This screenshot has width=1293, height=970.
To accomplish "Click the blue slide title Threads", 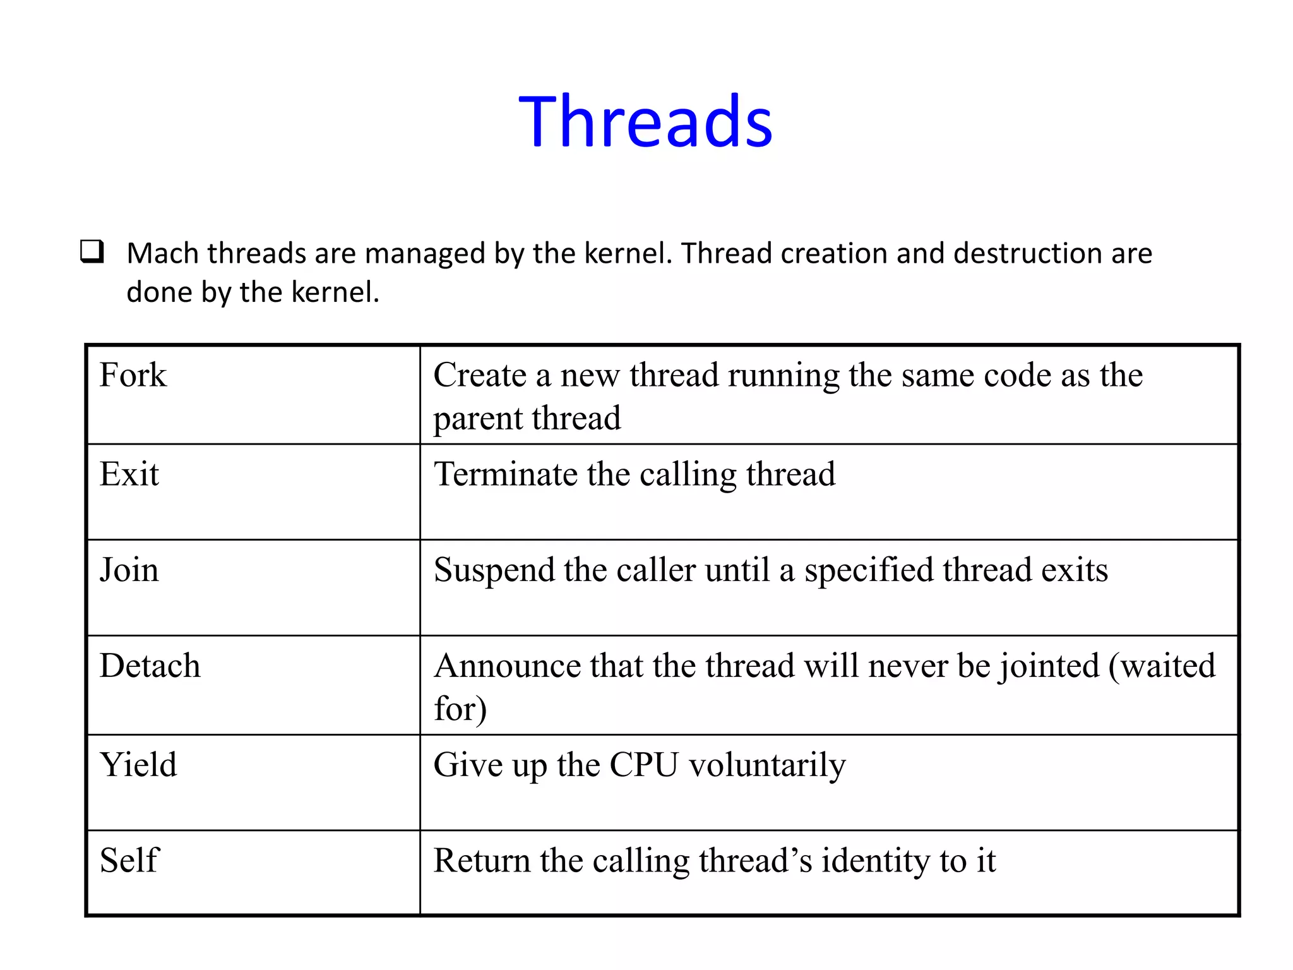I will pyautogui.click(x=646, y=121).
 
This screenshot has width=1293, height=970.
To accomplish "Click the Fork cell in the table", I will pyautogui.click(x=133, y=375).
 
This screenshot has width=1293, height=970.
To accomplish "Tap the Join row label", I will pyautogui.click(x=129, y=570).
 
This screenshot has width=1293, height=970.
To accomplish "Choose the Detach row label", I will pyautogui.click(x=150, y=666).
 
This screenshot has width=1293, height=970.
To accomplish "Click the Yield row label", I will pyautogui.click(x=139, y=765).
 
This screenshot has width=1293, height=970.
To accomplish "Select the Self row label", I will pyautogui.click(x=129, y=860).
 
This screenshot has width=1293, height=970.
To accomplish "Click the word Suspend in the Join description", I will pyautogui.click(x=494, y=570).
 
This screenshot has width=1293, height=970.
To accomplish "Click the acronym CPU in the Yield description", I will pyautogui.click(x=643, y=765).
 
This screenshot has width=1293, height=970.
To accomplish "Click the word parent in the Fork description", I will pyautogui.click(x=477, y=419).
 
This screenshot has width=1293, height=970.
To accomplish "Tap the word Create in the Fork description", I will pyautogui.click(x=480, y=375).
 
